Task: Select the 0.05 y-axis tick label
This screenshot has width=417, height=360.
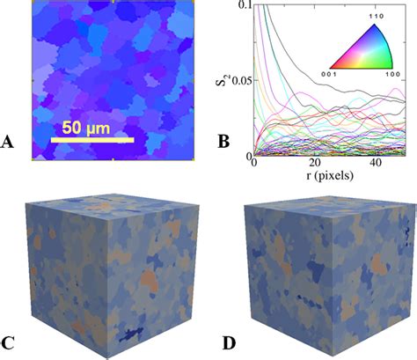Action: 238,81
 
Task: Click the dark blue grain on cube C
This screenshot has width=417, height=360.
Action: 131,333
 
